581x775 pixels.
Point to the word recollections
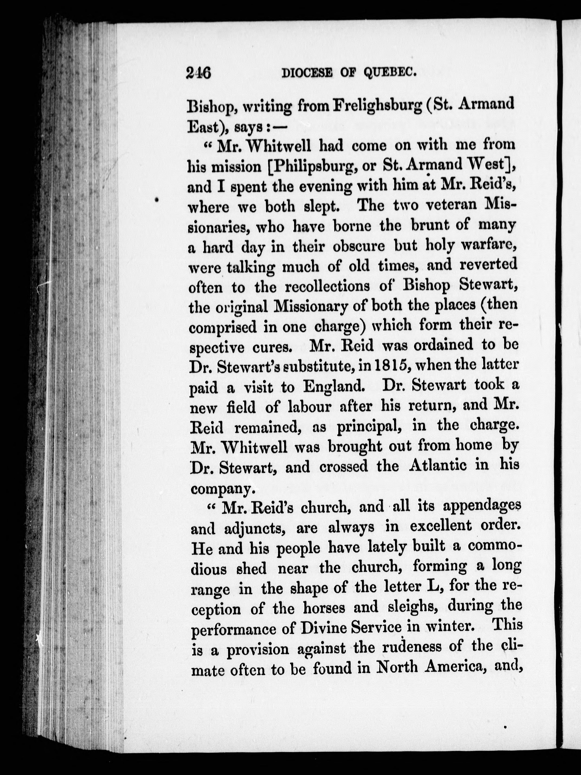(x=327, y=287)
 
